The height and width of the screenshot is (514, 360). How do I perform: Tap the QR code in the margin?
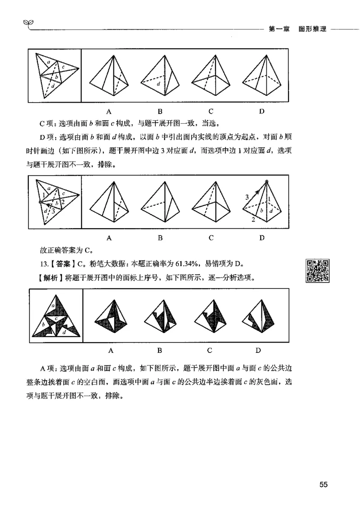point(317,271)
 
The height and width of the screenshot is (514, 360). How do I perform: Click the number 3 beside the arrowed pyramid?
point(247,197)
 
